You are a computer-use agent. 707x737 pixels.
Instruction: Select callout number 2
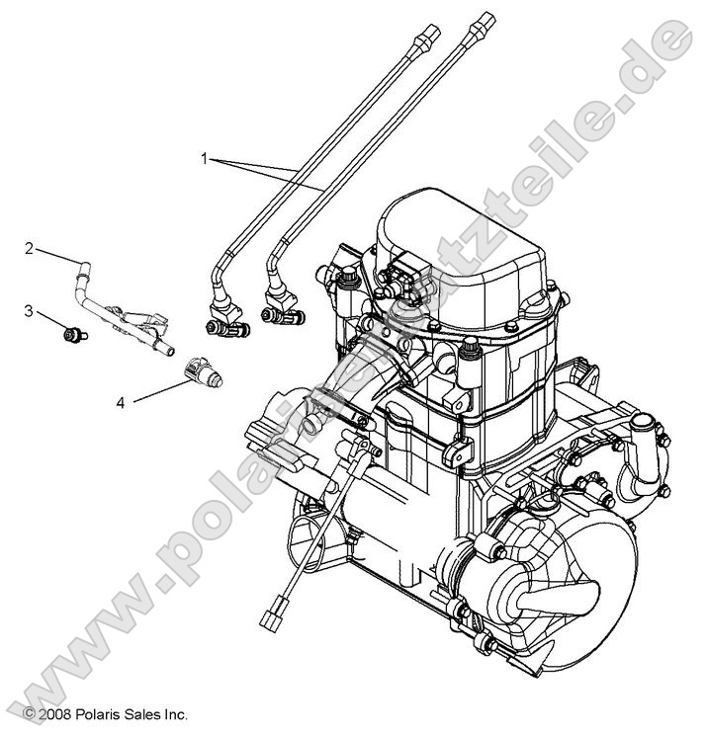(30, 248)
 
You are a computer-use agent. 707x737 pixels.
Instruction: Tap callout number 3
(30, 311)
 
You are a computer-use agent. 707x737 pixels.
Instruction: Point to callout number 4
(120, 401)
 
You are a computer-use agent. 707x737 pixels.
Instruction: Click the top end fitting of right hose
(483, 21)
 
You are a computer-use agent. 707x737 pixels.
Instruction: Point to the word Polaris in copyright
(98, 713)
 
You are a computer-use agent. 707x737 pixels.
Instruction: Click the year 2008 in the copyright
(53, 713)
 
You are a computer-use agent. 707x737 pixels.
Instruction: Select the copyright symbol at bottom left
(29, 713)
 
